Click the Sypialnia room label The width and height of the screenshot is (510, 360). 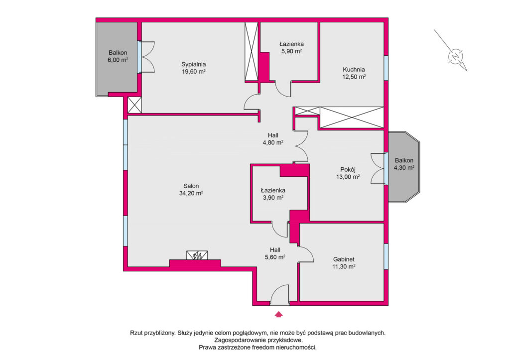pyautogui.click(x=194, y=64)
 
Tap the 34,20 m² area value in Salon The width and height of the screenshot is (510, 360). pyautogui.click(x=191, y=193)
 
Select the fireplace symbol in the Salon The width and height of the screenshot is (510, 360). pyautogui.click(x=197, y=255)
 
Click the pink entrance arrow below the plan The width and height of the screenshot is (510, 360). pyautogui.click(x=278, y=314)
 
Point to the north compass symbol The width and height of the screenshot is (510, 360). pyautogui.click(x=455, y=56)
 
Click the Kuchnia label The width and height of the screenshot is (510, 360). pyautogui.click(x=354, y=69)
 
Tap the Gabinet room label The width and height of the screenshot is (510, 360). pyautogui.click(x=344, y=259)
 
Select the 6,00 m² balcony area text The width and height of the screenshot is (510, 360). pyautogui.click(x=118, y=60)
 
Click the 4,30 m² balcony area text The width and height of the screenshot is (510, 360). pyautogui.click(x=404, y=168)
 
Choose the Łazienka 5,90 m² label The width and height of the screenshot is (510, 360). pyautogui.click(x=291, y=47)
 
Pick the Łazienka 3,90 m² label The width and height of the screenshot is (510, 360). pyautogui.click(x=273, y=194)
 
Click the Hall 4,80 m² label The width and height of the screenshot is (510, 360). pyautogui.click(x=273, y=139)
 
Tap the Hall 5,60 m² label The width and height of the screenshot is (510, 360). pyautogui.click(x=275, y=253)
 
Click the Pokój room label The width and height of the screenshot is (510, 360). pyautogui.click(x=348, y=169)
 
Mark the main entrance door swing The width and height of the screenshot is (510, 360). pyautogui.click(x=279, y=295)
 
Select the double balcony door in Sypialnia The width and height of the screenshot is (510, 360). pyautogui.click(x=147, y=57)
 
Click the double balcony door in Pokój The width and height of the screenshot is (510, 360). pyautogui.click(x=378, y=169)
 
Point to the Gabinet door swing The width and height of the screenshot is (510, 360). pyautogui.click(x=306, y=254)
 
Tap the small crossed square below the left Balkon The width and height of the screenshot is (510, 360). pyautogui.click(x=134, y=105)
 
